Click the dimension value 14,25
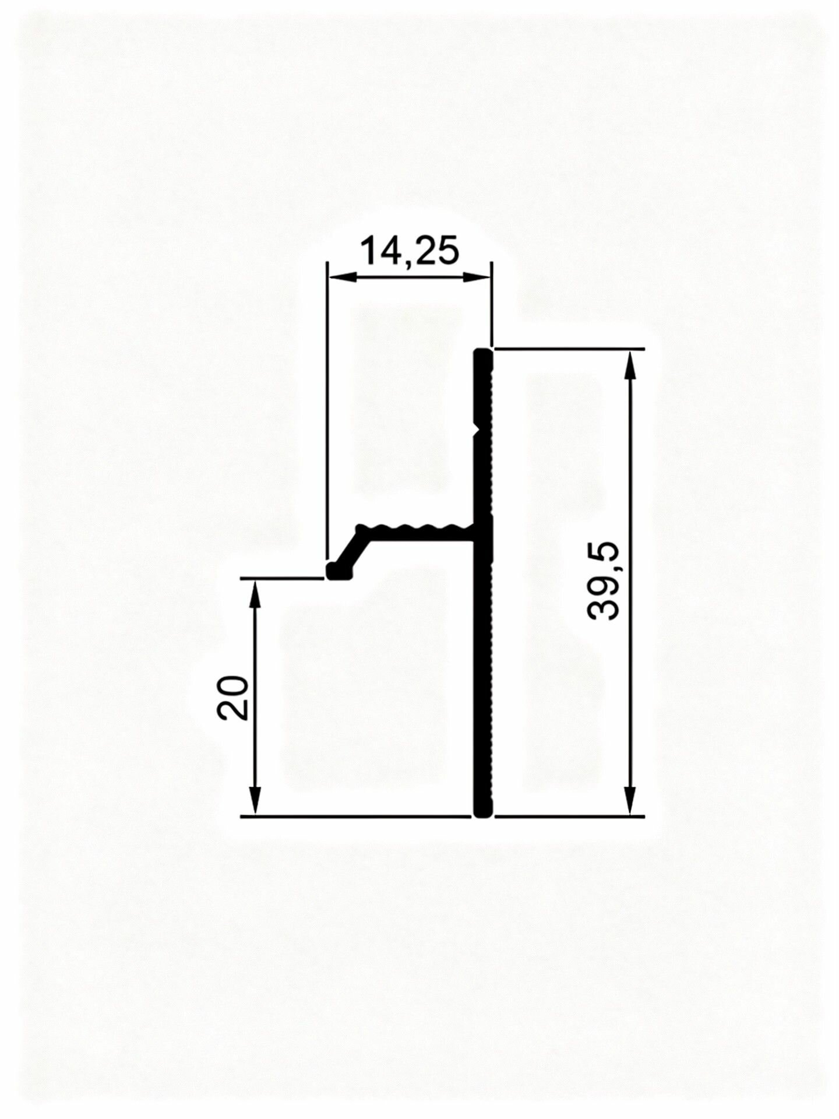coord(410,251)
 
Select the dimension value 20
coord(232,697)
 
